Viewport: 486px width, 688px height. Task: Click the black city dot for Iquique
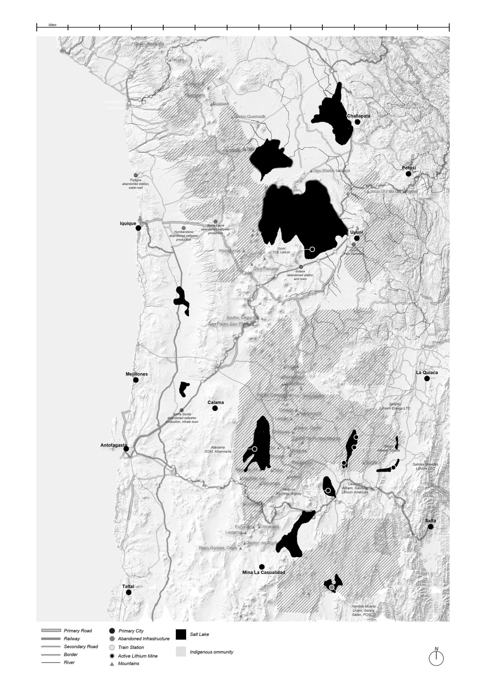(x=138, y=228)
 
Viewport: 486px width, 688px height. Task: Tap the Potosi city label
(x=409, y=168)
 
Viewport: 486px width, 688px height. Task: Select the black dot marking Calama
(x=215, y=408)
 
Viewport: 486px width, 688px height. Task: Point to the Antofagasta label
(x=114, y=445)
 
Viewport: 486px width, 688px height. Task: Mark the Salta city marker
(x=431, y=527)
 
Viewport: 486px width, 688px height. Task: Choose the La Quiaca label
(x=427, y=372)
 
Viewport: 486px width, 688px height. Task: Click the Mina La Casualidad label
(x=264, y=572)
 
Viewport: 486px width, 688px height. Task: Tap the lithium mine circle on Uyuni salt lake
(x=312, y=249)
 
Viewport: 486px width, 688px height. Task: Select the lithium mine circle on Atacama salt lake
(x=254, y=449)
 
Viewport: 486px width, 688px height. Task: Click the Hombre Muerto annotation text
(x=364, y=610)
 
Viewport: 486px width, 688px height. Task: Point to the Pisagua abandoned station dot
(x=135, y=175)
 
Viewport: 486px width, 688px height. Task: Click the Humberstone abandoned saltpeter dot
(x=183, y=228)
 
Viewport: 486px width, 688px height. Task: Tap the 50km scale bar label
(x=52, y=25)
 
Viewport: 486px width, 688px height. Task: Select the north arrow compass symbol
(x=436, y=658)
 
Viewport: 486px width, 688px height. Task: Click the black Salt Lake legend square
(x=181, y=634)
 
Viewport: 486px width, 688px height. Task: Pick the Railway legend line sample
(x=51, y=639)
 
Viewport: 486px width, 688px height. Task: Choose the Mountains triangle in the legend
(x=112, y=664)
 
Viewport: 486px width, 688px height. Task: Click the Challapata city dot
(x=357, y=122)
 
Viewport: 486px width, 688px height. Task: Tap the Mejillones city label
(x=137, y=374)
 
